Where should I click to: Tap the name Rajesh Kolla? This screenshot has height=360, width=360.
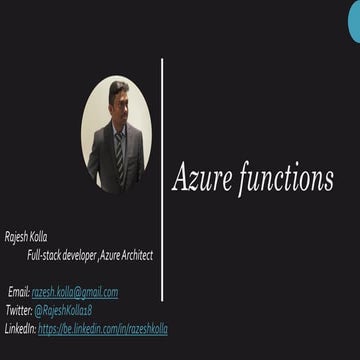(26, 237)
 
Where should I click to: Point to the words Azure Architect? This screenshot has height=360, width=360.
(125, 255)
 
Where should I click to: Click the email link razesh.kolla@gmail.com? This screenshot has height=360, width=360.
(75, 292)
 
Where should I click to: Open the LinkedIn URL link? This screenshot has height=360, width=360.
(103, 328)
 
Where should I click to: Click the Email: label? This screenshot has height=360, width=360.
(19, 292)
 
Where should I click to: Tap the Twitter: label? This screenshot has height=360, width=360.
(18, 310)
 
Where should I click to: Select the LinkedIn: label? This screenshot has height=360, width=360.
(20, 328)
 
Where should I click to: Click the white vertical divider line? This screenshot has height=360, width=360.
(162, 180)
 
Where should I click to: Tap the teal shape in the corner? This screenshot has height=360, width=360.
(354, 22)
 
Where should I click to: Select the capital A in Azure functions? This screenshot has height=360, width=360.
(181, 178)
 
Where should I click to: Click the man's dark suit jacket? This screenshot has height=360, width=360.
(102, 155)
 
